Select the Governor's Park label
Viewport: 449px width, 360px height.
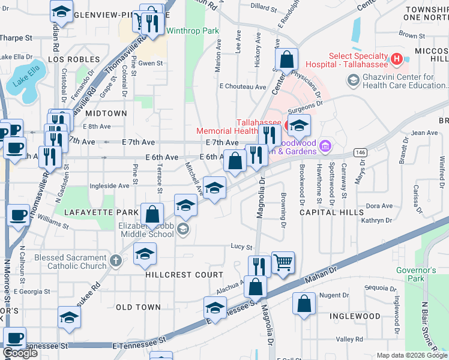[415, 274]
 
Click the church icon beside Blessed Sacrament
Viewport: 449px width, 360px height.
[115, 262]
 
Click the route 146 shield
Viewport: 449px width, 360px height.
[360, 152]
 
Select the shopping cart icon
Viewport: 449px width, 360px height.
[283, 262]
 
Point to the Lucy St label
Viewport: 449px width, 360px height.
[241, 247]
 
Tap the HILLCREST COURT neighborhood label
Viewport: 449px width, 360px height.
[175, 275]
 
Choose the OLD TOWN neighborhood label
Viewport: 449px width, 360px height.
[138, 307]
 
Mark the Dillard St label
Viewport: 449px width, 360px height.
[262, 6]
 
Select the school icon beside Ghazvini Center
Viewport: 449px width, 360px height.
[353, 80]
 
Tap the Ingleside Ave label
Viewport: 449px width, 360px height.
[109, 186]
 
